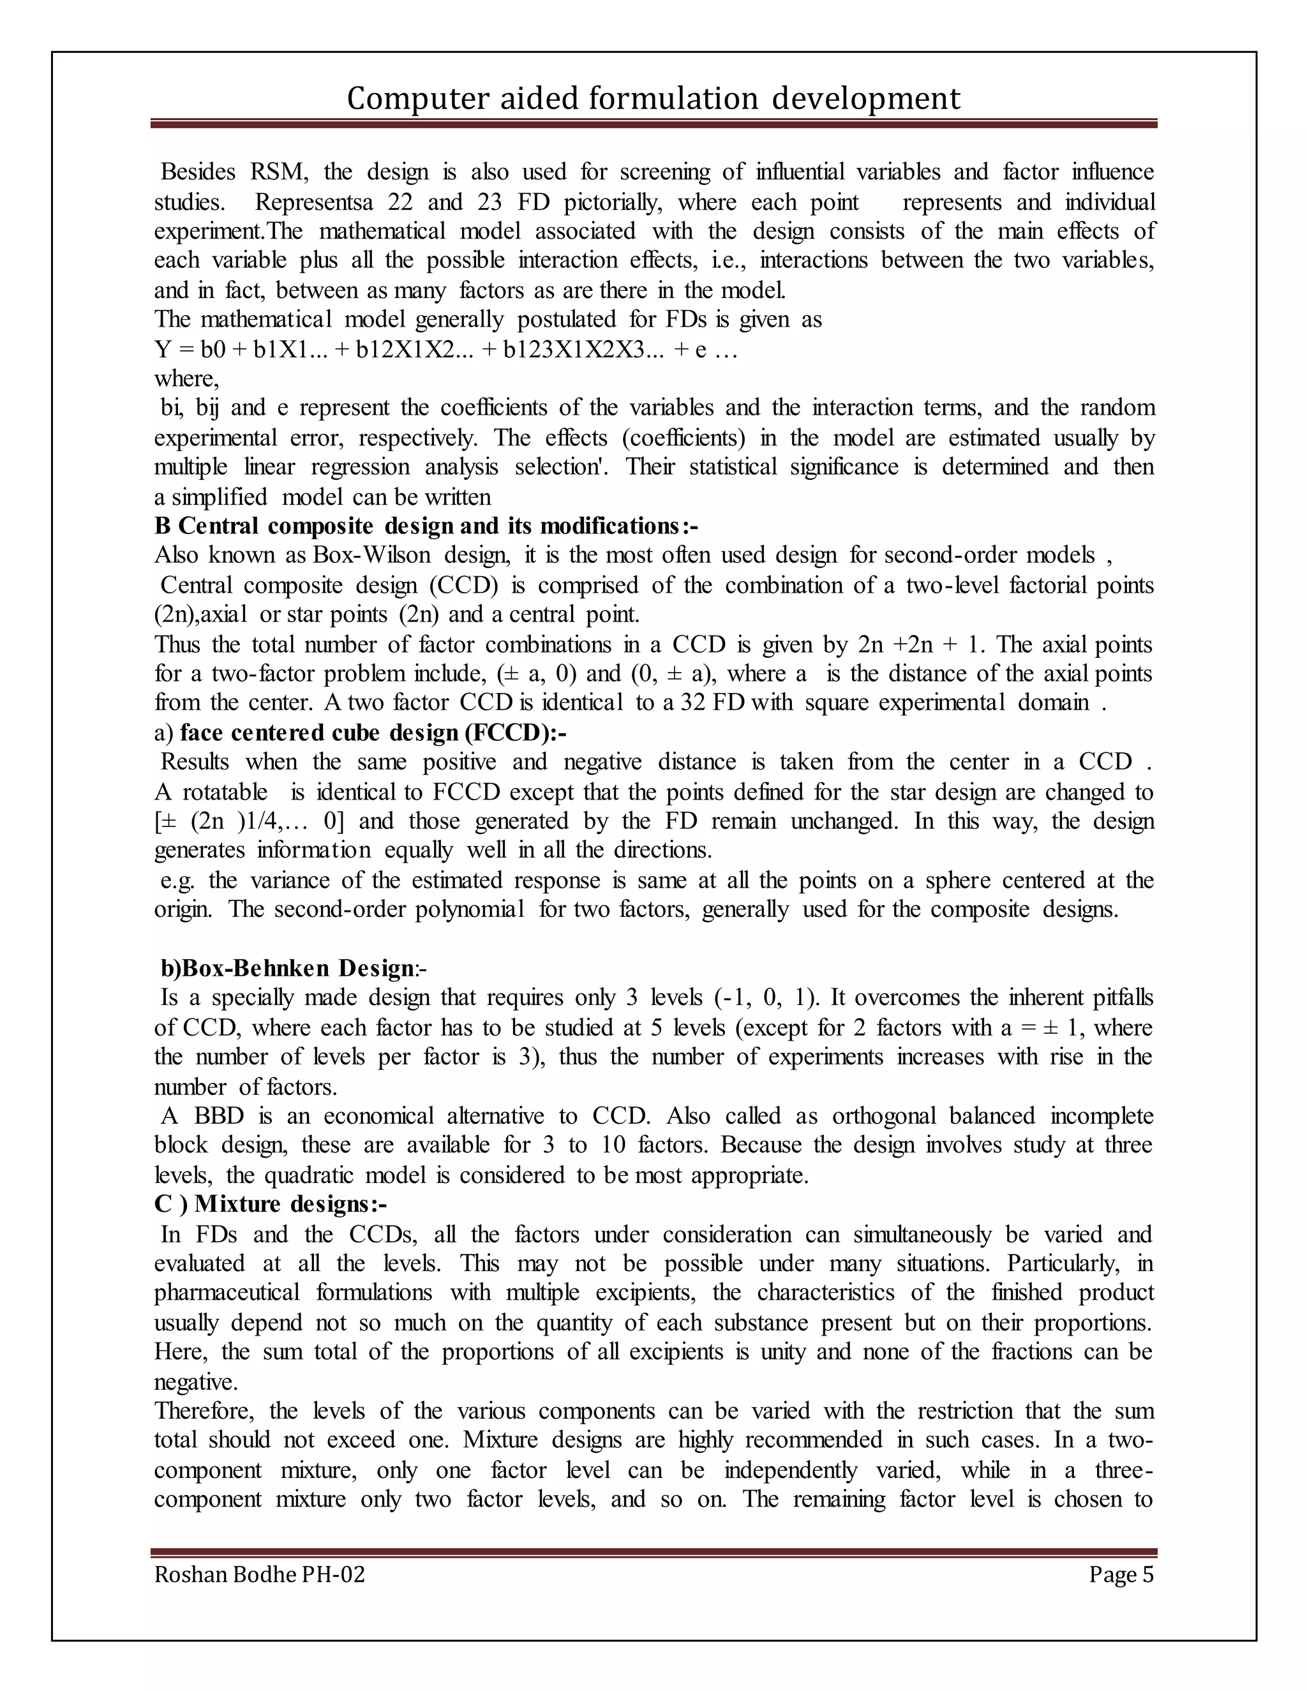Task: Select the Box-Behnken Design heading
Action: [x=294, y=969]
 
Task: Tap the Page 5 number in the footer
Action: [x=1121, y=1575]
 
